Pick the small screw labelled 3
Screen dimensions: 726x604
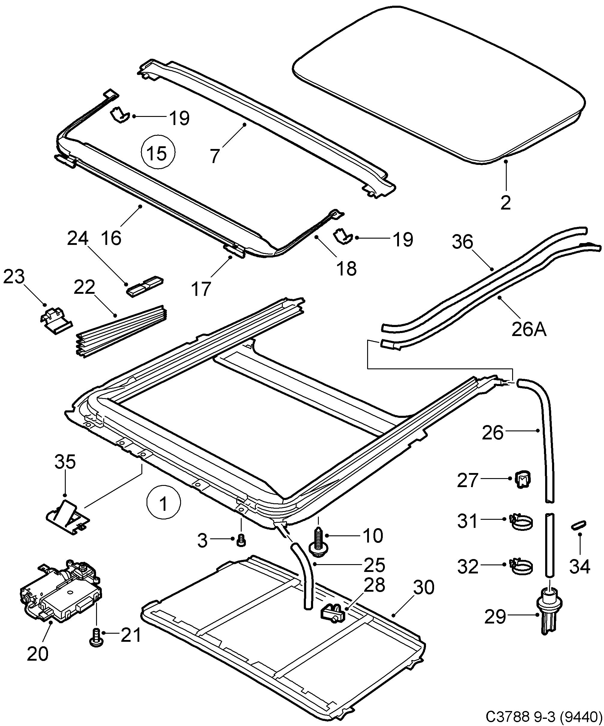(241, 540)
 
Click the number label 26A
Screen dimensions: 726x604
(529, 329)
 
